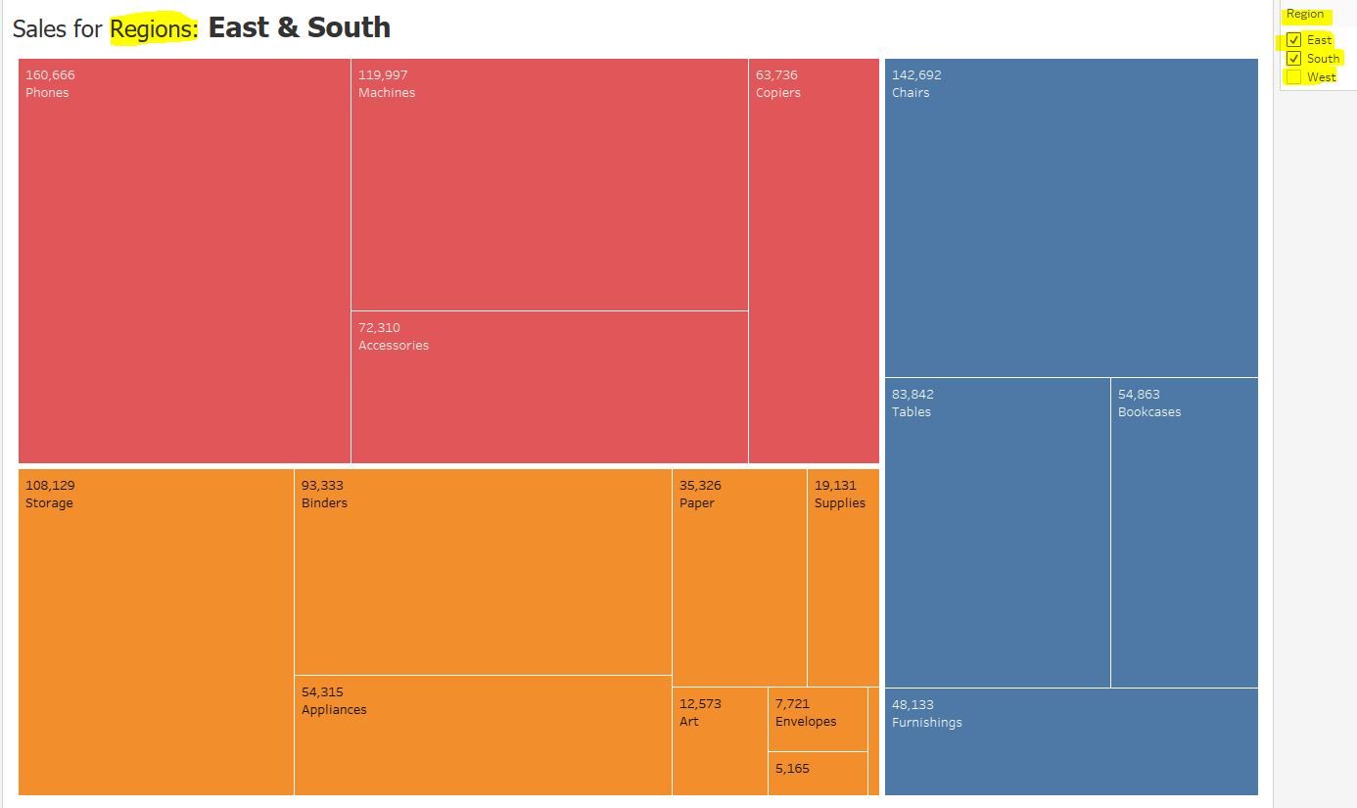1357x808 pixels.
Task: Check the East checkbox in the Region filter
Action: pyautogui.click(x=1293, y=40)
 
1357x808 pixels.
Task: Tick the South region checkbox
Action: pyautogui.click(x=1293, y=59)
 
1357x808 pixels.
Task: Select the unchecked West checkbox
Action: pyautogui.click(x=1293, y=77)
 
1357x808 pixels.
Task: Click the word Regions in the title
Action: pyautogui.click(x=153, y=28)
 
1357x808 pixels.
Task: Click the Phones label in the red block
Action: pyautogui.click(x=47, y=93)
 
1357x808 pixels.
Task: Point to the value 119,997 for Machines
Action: pyautogui.click(x=383, y=75)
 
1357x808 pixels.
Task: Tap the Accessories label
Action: pyautogui.click(x=394, y=346)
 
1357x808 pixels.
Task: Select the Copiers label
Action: pyautogui.click(x=778, y=93)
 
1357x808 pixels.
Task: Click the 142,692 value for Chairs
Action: pyautogui.click(x=916, y=75)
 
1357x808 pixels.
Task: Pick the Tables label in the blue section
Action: pyautogui.click(x=912, y=412)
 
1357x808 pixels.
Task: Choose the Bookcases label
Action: pyautogui.click(x=1149, y=412)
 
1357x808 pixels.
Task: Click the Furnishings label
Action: pyautogui.click(x=927, y=723)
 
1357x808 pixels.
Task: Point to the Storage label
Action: pyautogui.click(x=49, y=503)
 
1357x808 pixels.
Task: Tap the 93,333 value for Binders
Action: pyautogui.click(x=322, y=486)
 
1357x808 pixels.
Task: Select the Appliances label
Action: pyautogui.click(x=334, y=710)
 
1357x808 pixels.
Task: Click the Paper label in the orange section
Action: pyautogui.click(x=697, y=503)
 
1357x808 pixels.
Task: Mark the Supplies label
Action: pyautogui.click(x=840, y=503)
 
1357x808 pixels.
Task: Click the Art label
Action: pyautogui.click(x=689, y=722)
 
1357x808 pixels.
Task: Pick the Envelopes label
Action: pyautogui.click(x=806, y=722)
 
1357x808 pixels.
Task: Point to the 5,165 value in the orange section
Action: pyautogui.click(x=792, y=769)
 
